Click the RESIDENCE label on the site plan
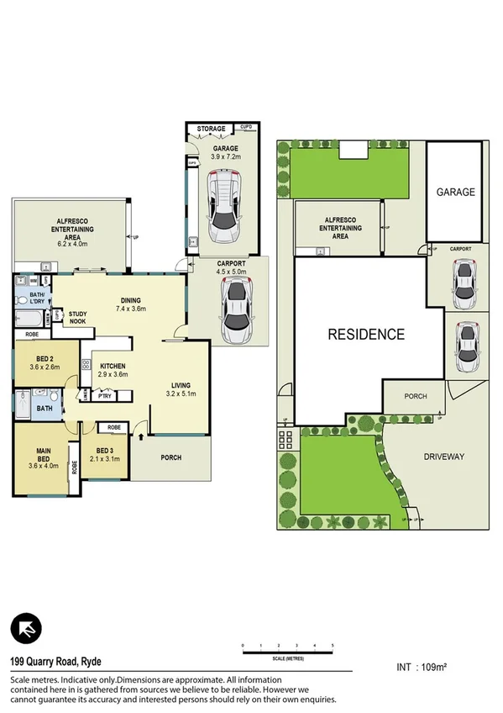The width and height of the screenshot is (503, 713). [x=366, y=334]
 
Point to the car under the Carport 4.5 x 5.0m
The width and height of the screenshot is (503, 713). [x=236, y=310]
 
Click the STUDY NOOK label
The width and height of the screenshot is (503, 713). [x=77, y=318]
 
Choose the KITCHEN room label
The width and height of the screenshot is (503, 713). [x=113, y=367]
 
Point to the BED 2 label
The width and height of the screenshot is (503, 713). [x=43, y=362]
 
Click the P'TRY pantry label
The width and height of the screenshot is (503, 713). [x=105, y=395]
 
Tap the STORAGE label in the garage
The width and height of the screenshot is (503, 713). [x=211, y=129]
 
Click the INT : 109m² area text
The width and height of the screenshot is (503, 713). [x=421, y=668]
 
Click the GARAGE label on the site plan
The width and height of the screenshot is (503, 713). [x=455, y=192]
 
